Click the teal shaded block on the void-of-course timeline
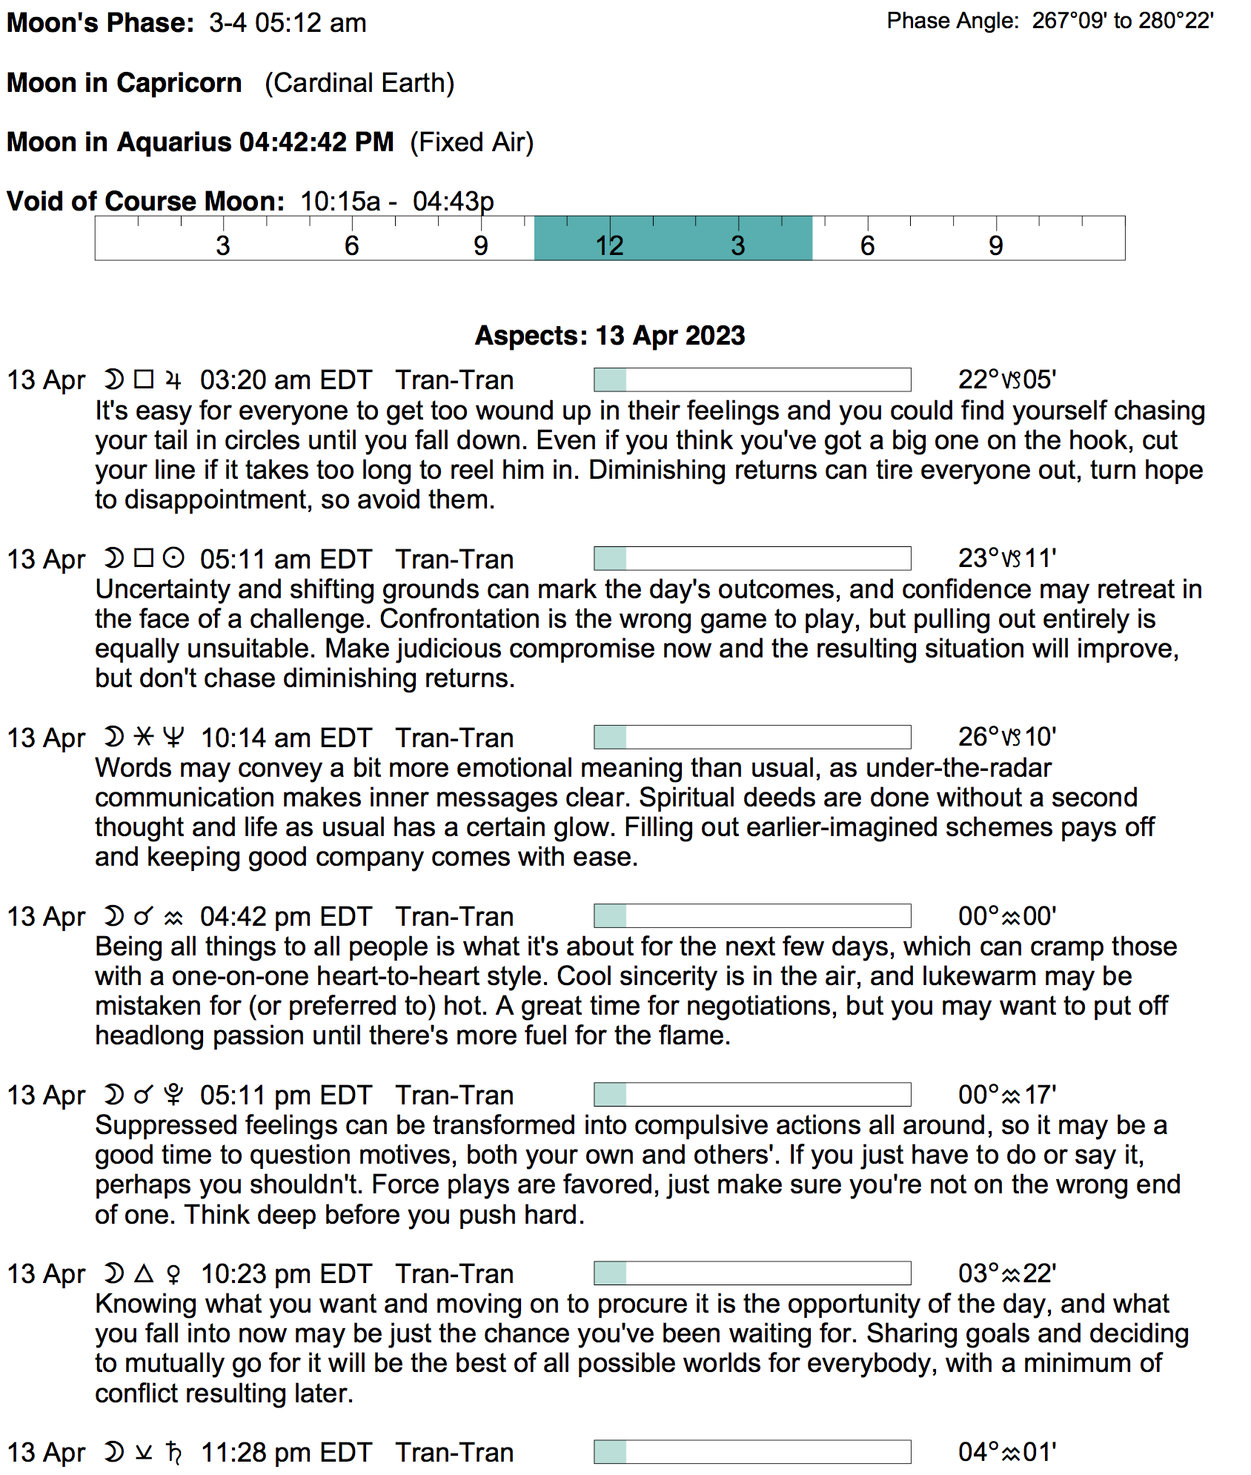pos(673,238)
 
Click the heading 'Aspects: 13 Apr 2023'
pos(609,336)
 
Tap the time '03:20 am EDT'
pos(285,380)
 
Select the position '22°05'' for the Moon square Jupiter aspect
pos(1006,379)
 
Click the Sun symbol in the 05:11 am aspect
pos(173,557)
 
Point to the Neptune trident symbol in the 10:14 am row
pos(173,737)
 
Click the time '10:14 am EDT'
pos(286,738)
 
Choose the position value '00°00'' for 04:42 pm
pos(1006,916)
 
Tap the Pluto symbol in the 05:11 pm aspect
pos(173,1094)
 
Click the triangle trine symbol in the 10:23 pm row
pos(144,1273)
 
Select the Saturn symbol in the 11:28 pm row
pos(173,1452)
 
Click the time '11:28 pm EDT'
pos(286,1453)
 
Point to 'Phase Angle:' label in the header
pos(952,21)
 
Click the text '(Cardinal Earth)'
pos(359,83)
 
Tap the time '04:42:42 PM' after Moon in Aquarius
pos(316,142)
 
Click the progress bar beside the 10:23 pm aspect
pos(751,1273)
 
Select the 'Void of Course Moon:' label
pos(145,202)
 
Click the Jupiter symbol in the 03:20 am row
pos(173,380)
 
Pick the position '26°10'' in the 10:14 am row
pos(1006,737)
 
